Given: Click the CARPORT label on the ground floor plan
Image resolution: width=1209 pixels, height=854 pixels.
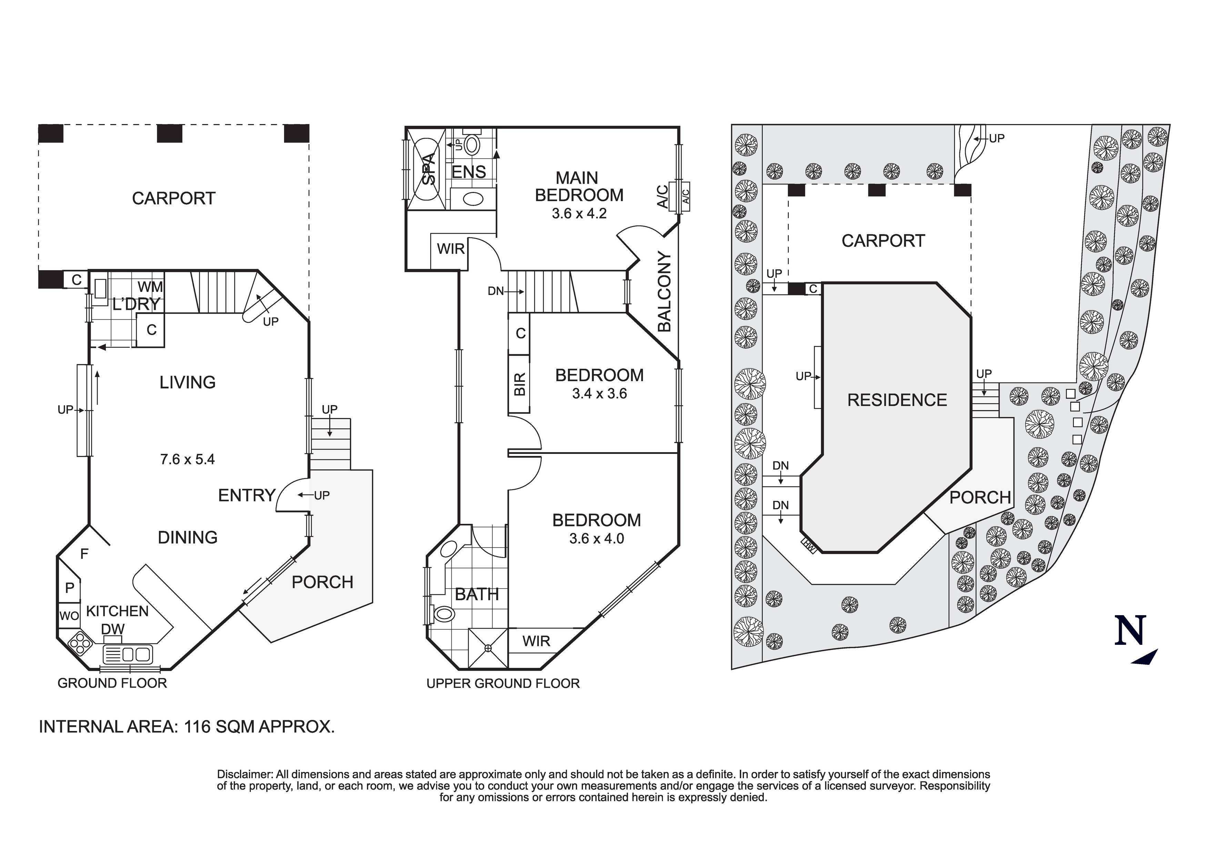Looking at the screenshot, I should [x=173, y=199].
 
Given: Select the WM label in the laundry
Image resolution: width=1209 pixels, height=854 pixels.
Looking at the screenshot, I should [x=150, y=287].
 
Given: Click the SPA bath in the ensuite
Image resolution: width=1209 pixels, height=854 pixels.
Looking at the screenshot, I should [x=429, y=169].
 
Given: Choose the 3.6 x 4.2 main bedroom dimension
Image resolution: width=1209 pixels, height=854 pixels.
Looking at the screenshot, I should [x=579, y=214].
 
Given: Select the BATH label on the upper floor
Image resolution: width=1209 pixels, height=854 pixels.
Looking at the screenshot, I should [x=476, y=594].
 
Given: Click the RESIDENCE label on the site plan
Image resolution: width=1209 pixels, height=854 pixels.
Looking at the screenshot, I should [x=897, y=400].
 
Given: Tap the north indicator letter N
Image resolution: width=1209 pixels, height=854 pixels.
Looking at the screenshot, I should [x=1129, y=631].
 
